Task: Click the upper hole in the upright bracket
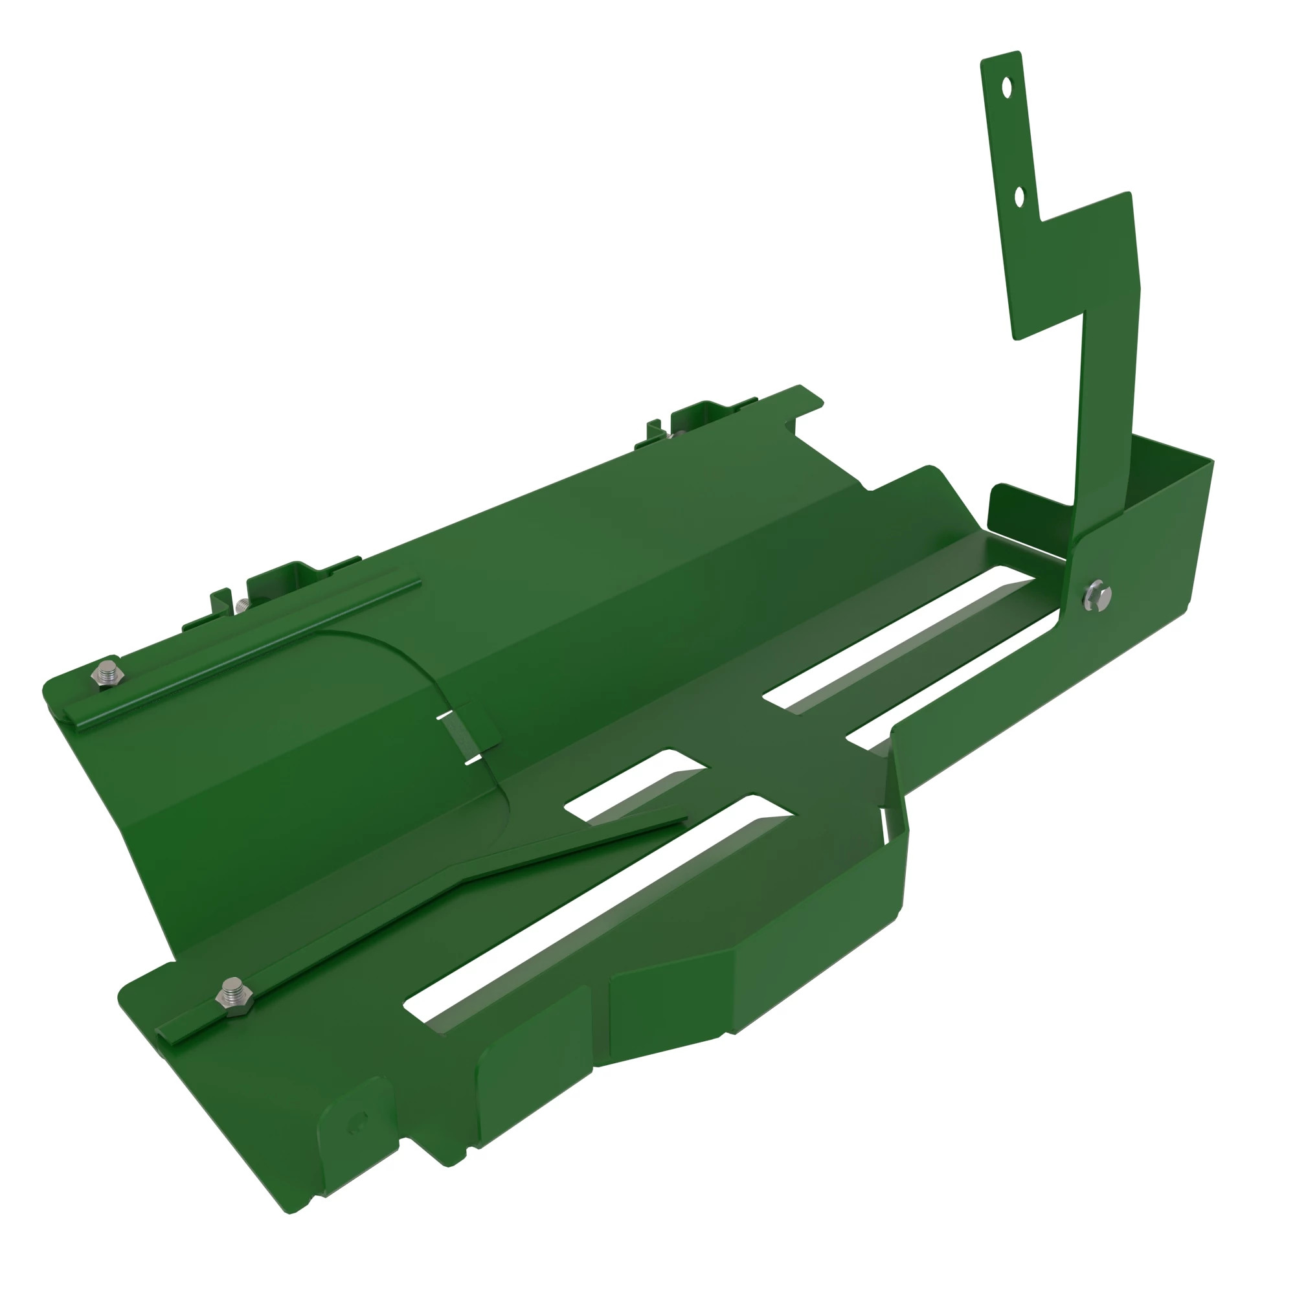(1007, 88)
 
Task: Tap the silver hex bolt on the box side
(1097, 594)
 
